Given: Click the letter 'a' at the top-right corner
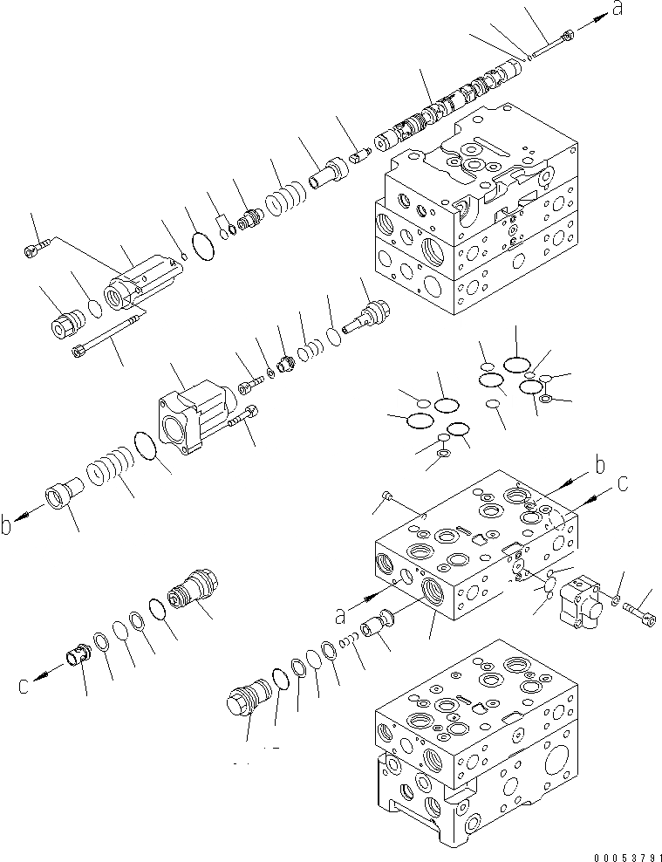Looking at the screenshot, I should (618, 10).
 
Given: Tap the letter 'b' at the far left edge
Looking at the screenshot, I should (8, 523).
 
